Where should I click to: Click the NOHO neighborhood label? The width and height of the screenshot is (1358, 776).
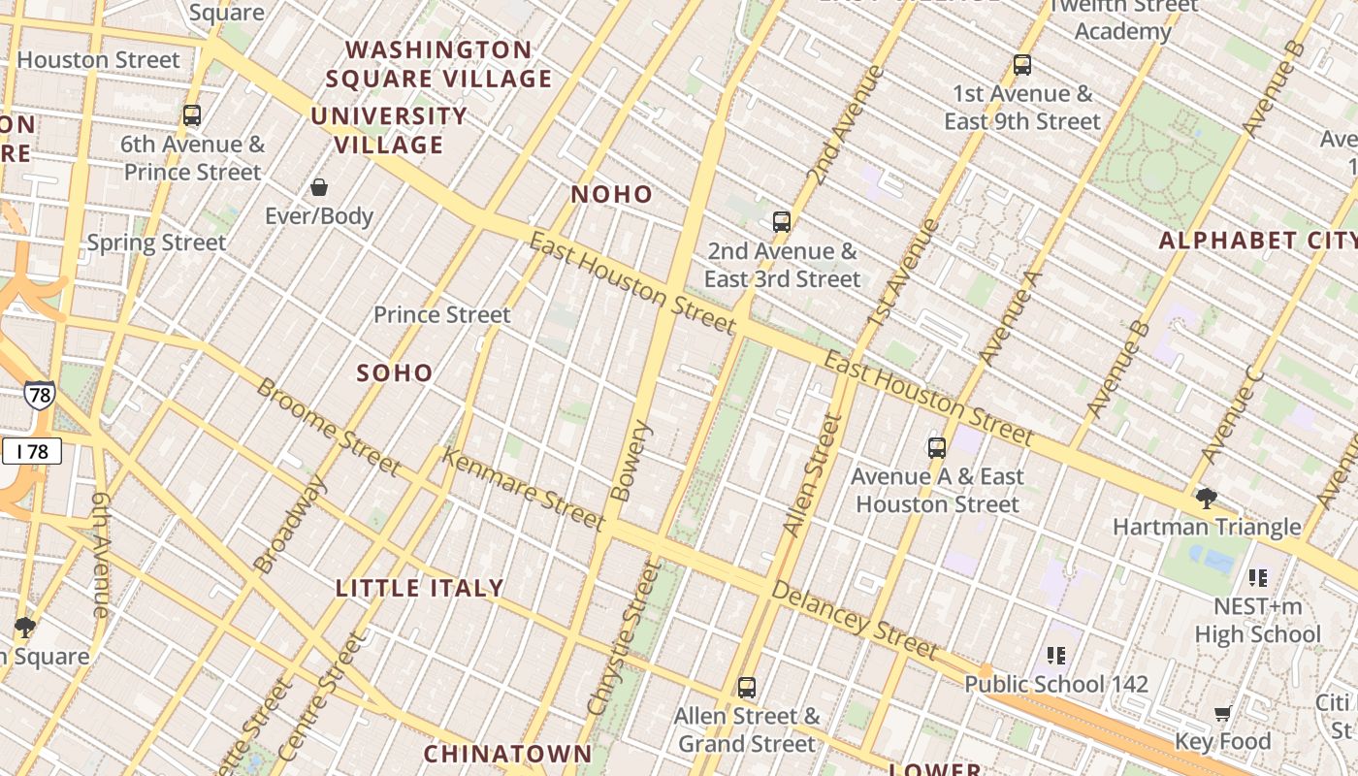click(x=611, y=194)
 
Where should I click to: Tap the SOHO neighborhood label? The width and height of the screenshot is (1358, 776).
click(x=395, y=372)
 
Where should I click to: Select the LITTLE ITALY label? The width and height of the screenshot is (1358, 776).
click(x=420, y=588)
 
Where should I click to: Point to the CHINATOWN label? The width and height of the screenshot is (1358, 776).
click(x=507, y=754)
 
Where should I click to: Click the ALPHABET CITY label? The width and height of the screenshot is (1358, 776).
click(x=1257, y=241)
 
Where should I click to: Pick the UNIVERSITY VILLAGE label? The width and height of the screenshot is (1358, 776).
click(x=389, y=130)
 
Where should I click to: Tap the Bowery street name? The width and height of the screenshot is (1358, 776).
click(x=631, y=460)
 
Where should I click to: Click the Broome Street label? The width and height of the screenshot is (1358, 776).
click(x=328, y=426)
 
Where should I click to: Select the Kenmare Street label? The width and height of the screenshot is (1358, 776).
click(x=523, y=488)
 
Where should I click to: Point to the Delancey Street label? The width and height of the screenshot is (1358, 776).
click(x=855, y=621)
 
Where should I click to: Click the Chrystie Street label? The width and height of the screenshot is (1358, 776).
click(x=630, y=636)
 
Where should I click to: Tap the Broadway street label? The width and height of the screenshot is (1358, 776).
click(x=290, y=523)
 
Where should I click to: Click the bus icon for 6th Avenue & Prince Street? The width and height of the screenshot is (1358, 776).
click(x=192, y=115)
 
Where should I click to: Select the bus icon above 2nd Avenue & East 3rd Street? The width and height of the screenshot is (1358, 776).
click(x=782, y=221)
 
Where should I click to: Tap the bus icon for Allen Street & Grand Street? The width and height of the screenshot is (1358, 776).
click(x=746, y=688)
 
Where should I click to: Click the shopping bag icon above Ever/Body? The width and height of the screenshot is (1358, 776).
click(x=319, y=187)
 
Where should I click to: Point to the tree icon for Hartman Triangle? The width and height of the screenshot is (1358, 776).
click(x=1207, y=499)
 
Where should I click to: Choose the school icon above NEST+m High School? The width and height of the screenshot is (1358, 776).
click(x=1258, y=578)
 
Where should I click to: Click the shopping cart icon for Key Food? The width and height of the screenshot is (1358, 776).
click(x=1222, y=714)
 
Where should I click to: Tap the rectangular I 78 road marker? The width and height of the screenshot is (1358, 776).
click(x=32, y=450)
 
